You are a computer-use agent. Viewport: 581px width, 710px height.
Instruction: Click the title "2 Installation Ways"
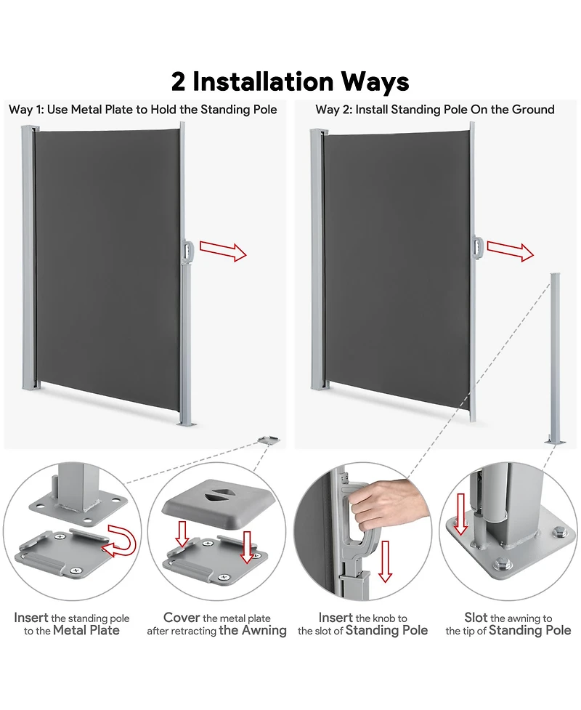click(x=290, y=81)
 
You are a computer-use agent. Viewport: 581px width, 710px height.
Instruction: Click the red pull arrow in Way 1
click(x=223, y=251)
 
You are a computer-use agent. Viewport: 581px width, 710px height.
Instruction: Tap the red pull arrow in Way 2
click(x=510, y=251)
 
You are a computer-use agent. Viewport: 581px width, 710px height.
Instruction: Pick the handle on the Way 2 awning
click(x=477, y=247)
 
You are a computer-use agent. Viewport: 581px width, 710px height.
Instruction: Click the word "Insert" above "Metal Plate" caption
click(x=31, y=618)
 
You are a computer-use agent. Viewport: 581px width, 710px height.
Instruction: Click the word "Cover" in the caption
click(x=182, y=617)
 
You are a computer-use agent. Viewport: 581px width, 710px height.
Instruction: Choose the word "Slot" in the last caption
click(x=476, y=617)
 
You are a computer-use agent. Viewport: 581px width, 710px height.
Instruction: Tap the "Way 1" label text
click(x=25, y=110)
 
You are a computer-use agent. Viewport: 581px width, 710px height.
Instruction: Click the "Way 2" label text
click(x=332, y=110)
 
